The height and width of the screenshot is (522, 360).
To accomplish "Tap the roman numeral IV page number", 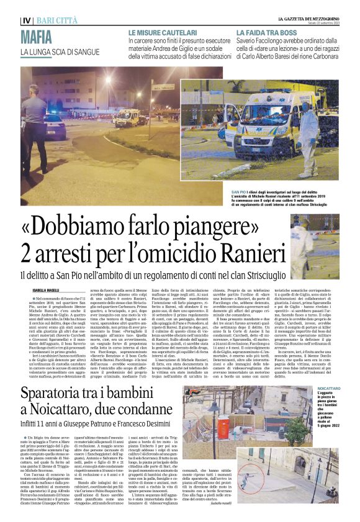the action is pos(27,20).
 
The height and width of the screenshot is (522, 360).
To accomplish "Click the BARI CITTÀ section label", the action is pos(59,20).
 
